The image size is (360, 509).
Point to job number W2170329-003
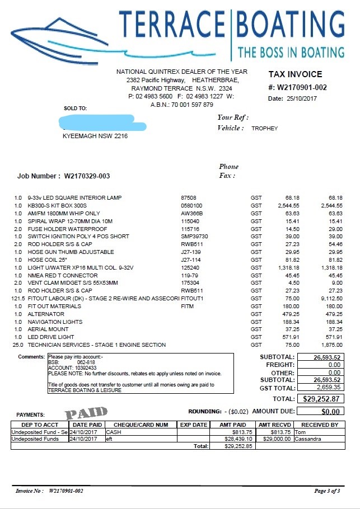pyautogui.click(x=87, y=176)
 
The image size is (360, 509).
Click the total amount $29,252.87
pyautogui.click(x=321, y=399)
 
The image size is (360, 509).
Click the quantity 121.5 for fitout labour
pyautogui.click(x=18, y=299)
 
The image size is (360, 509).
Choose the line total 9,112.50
pyautogui.click(x=331, y=299)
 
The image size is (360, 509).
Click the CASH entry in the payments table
pyautogui.click(x=114, y=432)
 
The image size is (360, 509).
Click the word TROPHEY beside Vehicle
pyautogui.click(x=264, y=129)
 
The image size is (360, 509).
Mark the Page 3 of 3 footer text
pyautogui.click(x=327, y=491)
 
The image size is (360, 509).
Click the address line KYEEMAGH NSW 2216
pyautogui.click(x=95, y=136)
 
